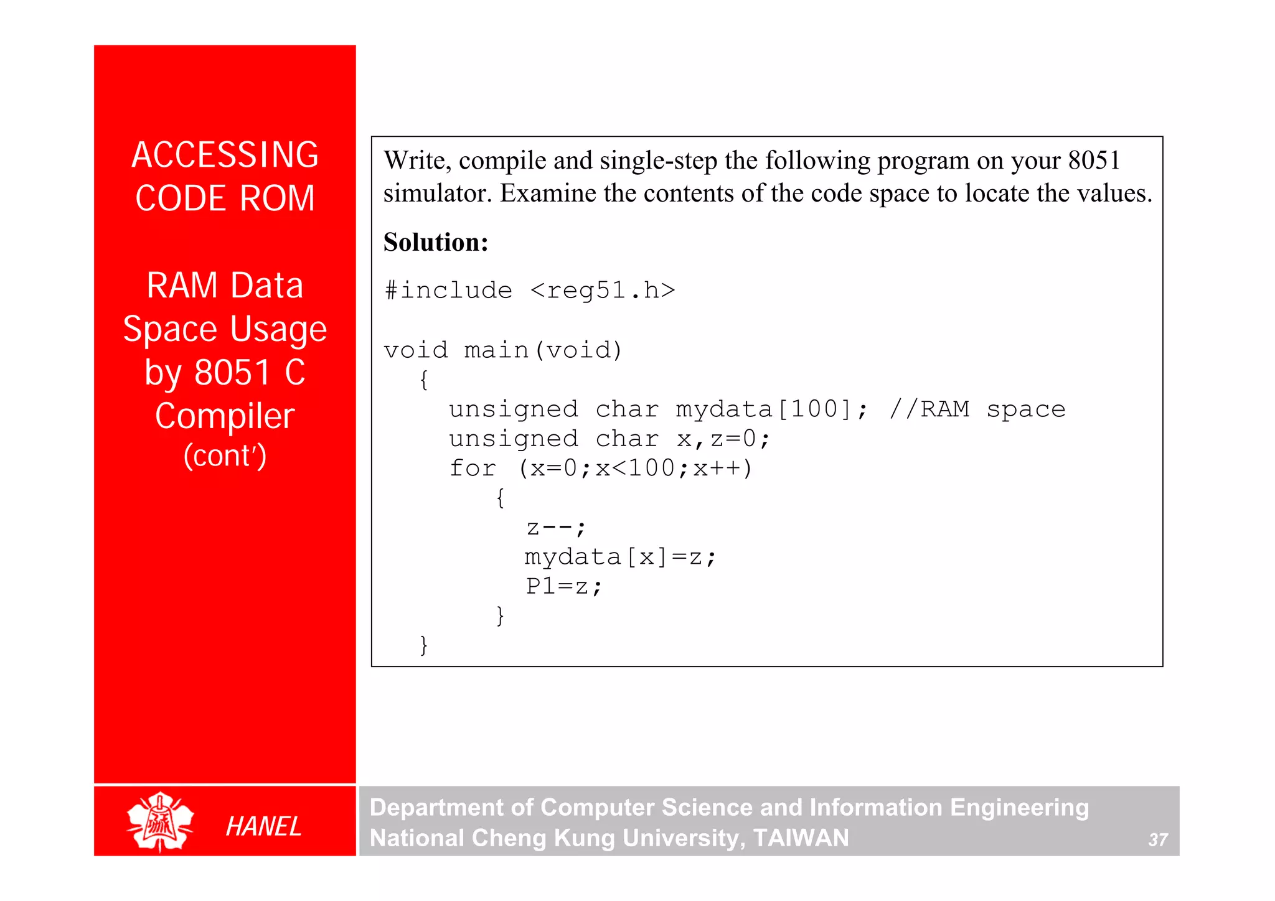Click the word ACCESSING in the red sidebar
click(225, 155)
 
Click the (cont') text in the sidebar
click(225, 455)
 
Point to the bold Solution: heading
click(436, 242)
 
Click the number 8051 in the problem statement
click(1094, 161)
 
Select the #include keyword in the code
click(448, 291)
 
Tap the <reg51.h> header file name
click(603, 291)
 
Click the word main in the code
click(496, 350)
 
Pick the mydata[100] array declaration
click(771, 409)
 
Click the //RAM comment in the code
click(929, 409)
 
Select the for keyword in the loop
click(473, 468)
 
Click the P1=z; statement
click(563, 586)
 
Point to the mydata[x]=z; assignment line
click(620, 557)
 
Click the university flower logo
click(160, 821)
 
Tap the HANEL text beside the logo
click(263, 826)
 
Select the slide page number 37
click(1157, 840)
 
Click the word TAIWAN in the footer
click(801, 838)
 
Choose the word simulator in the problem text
click(437, 194)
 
